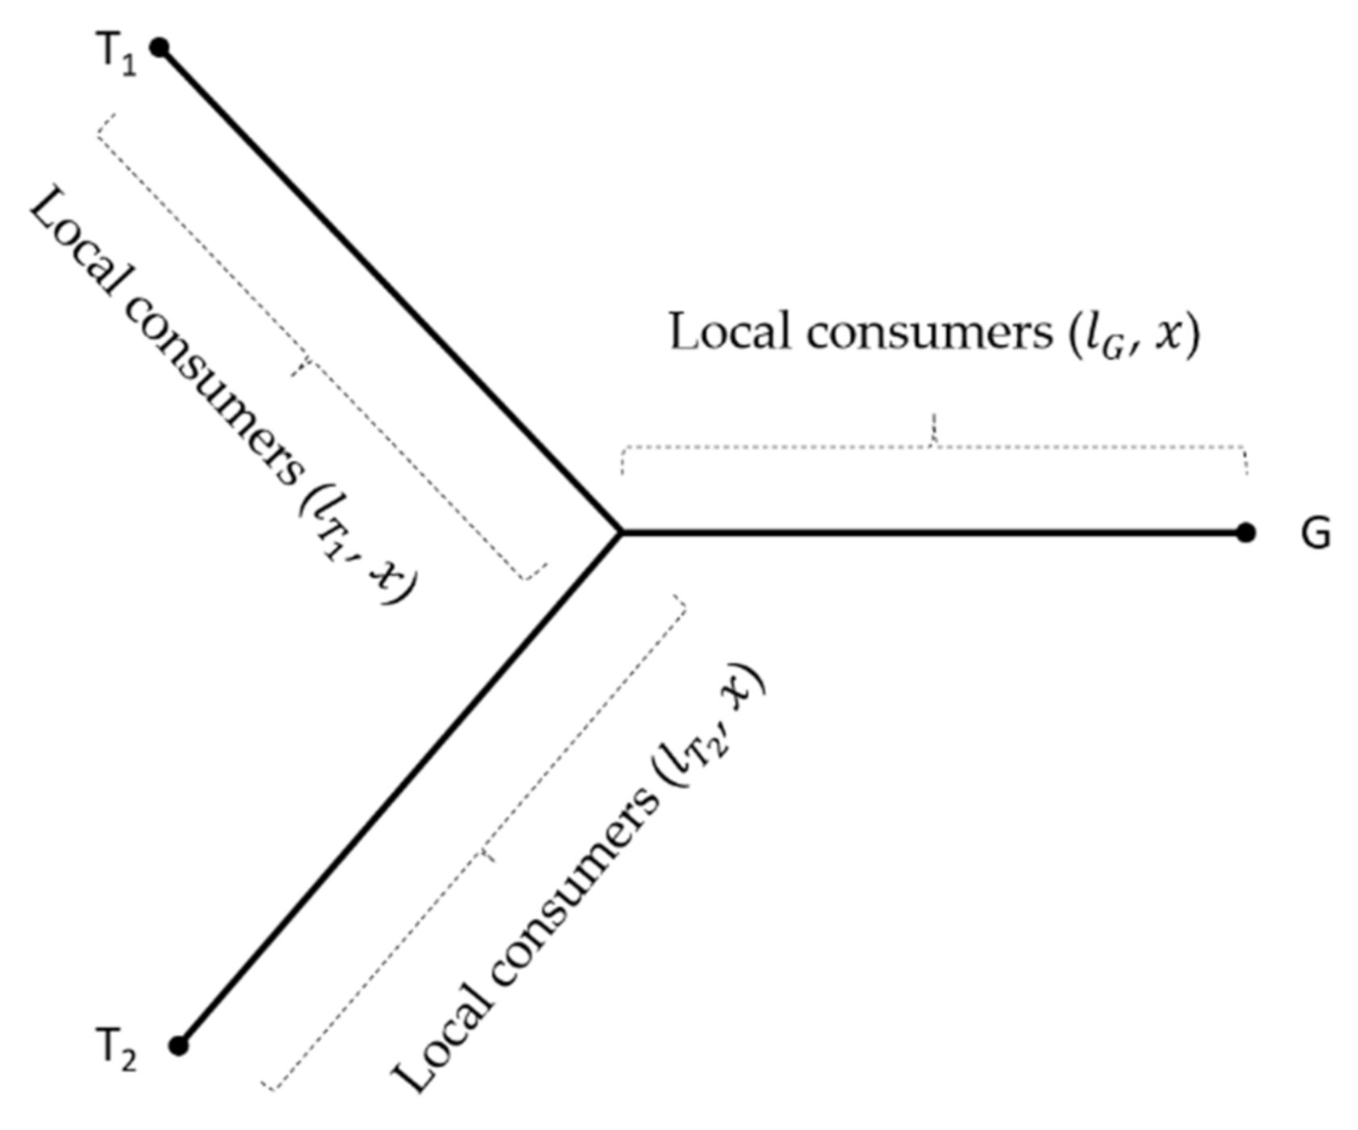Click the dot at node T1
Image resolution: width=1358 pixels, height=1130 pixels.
160,48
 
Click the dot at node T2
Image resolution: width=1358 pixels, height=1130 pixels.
179,1046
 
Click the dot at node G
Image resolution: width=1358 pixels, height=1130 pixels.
1246,533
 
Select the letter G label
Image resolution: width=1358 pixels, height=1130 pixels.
1315,534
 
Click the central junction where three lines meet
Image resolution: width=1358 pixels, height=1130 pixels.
620,532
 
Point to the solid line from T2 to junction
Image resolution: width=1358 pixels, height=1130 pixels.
399,790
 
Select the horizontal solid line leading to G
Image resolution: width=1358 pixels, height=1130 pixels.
927,532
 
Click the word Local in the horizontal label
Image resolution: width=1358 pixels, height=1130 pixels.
730,332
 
